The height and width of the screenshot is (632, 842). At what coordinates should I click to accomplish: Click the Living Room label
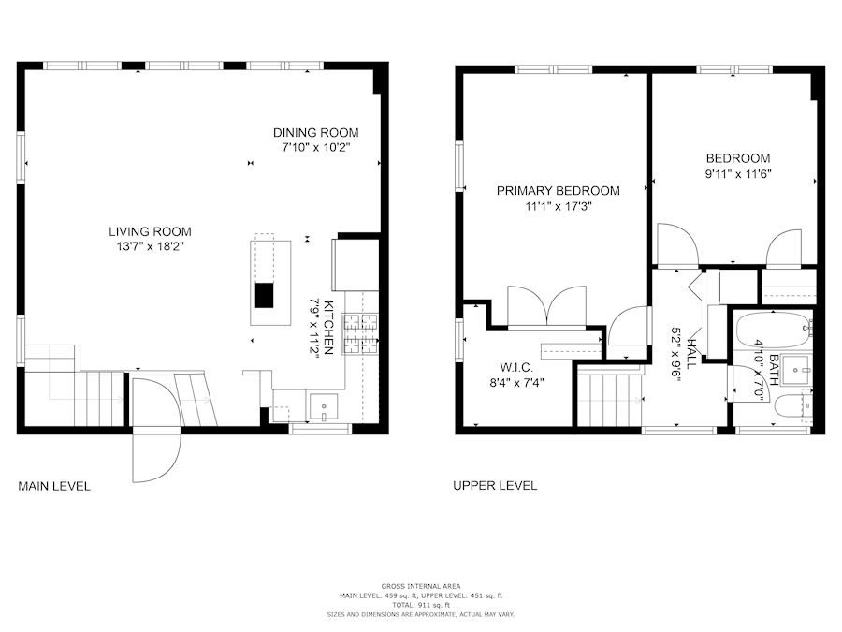pyautogui.click(x=150, y=231)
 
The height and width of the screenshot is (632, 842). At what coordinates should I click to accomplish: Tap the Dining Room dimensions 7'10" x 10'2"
pyautogui.click(x=316, y=147)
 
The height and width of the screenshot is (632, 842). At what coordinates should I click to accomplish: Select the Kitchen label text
pyautogui.click(x=329, y=328)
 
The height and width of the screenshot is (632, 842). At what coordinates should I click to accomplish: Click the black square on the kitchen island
pyautogui.click(x=264, y=295)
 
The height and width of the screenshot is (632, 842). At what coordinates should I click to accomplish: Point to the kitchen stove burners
pyautogui.click(x=361, y=333)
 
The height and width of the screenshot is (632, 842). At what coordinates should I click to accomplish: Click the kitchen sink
pyautogui.click(x=324, y=407)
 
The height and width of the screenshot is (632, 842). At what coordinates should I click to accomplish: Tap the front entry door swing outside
pyautogui.click(x=156, y=455)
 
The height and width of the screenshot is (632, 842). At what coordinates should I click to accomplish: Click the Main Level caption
pyautogui.click(x=54, y=486)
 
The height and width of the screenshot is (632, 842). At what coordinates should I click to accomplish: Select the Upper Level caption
pyautogui.click(x=495, y=486)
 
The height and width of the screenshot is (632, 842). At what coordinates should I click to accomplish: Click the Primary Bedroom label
pyautogui.click(x=558, y=191)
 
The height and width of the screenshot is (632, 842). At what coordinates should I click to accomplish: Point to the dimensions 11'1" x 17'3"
pyautogui.click(x=559, y=206)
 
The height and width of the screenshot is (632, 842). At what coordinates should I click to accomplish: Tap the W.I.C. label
pyautogui.click(x=516, y=368)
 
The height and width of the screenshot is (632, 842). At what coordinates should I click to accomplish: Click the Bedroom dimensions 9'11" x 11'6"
pyautogui.click(x=738, y=174)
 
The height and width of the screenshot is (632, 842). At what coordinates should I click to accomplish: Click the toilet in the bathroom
pyautogui.click(x=793, y=405)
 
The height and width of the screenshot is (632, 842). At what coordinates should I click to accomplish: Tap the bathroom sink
pyautogui.click(x=796, y=370)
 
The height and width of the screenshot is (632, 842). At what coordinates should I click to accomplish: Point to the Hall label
pyautogui.click(x=693, y=354)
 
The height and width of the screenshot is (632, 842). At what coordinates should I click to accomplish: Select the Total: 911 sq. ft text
pyautogui.click(x=421, y=605)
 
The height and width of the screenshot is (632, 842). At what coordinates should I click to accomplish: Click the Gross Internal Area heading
pyautogui.click(x=421, y=587)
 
